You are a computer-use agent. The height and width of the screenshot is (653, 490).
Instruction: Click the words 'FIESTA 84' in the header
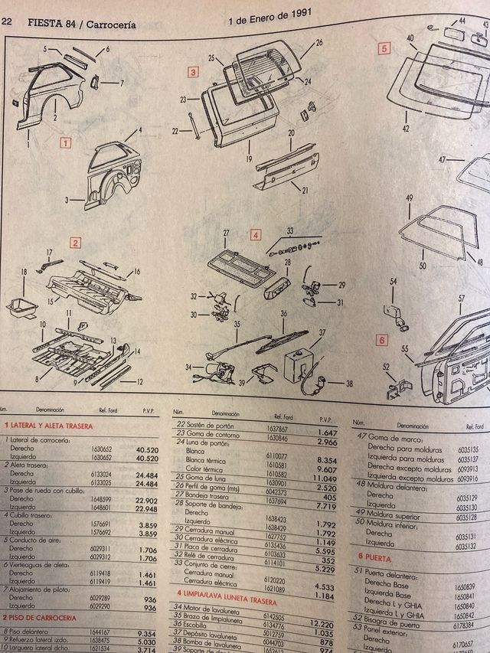(54, 24)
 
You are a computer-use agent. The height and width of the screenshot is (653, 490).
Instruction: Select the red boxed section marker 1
(67, 142)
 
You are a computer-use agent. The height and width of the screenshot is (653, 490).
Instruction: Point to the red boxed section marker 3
(194, 73)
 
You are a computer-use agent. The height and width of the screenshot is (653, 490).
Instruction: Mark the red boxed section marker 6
(381, 341)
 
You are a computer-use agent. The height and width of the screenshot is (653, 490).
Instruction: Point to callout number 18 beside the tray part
(24, 272)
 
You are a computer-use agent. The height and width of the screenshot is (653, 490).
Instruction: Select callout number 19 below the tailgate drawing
(250, 158)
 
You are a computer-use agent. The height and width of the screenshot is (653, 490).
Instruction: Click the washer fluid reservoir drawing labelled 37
(302, 364)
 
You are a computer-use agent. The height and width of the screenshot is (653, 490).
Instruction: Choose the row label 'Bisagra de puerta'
(397, 619)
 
